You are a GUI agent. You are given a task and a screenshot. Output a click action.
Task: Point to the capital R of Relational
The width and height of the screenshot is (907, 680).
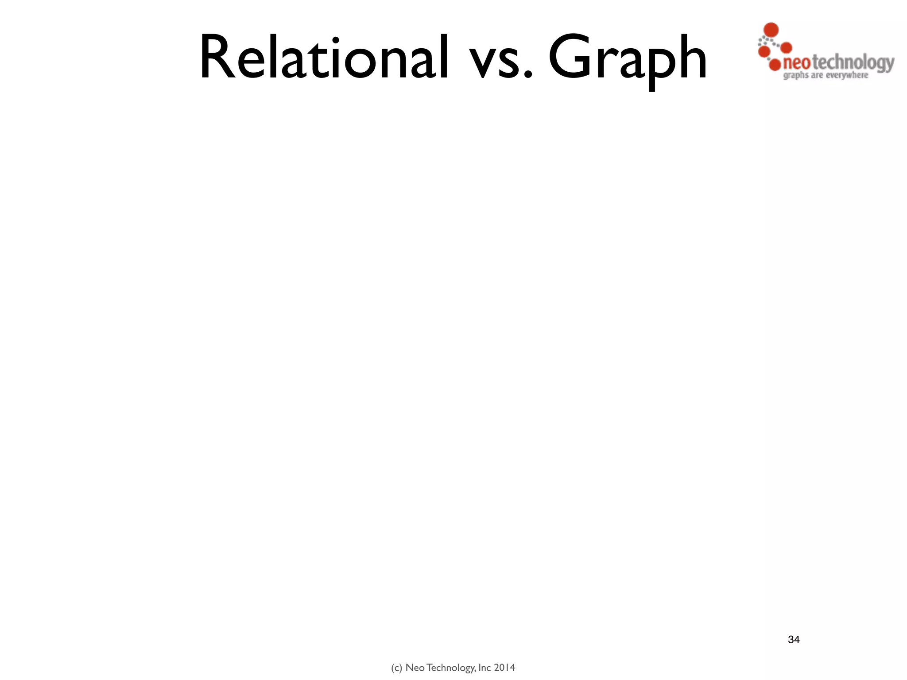point(218,58)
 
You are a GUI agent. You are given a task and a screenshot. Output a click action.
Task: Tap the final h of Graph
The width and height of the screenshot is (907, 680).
point(690,58)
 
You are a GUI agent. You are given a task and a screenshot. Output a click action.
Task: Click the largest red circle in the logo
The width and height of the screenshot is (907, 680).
point(771,30)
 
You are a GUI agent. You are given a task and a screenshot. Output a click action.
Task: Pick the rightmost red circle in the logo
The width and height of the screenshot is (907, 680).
point(786,47)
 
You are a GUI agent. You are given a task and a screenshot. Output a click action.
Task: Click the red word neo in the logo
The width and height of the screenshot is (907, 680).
point(797,63)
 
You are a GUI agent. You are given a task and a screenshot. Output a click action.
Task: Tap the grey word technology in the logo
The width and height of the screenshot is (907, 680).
point(853,63)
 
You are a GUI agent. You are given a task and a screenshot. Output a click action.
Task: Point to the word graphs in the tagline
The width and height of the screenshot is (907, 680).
point(796,76)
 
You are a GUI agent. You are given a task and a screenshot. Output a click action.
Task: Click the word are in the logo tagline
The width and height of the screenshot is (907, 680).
point(817,76)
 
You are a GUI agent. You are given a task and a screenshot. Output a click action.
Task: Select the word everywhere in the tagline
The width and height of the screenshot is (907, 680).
point(847,75)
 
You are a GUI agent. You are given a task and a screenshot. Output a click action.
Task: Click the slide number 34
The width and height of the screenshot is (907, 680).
point(794,639)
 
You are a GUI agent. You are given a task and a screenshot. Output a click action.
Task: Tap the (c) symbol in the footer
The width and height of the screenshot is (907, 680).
point(396,668)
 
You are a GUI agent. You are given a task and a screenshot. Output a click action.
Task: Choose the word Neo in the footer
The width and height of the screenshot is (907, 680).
point(415,668)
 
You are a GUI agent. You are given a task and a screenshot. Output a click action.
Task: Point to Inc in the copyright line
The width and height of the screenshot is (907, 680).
point(485,668)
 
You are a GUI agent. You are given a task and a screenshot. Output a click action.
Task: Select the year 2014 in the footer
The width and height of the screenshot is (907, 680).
point(504,668)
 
